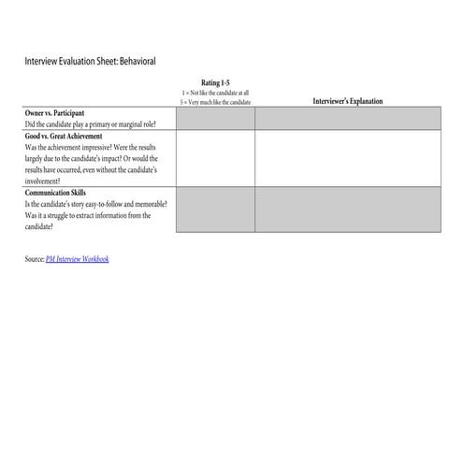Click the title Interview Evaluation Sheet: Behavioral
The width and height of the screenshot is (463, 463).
(x=90, y=61)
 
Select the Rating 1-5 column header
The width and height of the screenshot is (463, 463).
(x=215, y=83)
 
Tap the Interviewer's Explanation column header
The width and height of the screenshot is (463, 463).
(x=346, y=101)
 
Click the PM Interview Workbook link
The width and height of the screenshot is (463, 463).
(x=77, y=258)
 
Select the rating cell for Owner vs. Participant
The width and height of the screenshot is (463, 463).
(x=215, y=118)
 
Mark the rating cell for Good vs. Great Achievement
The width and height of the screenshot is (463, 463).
(x=215, y=158)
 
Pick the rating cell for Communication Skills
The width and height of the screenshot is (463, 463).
(x=215, y=210)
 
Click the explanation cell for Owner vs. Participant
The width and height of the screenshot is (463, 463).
(x=346, y=118)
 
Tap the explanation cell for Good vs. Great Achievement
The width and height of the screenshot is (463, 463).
(x=346, y=158)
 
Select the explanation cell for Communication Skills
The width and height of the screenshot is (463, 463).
(x=346, y=210)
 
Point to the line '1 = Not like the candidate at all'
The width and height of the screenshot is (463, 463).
(x=215, y=93)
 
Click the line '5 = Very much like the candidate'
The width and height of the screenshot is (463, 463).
(x=215, y=101)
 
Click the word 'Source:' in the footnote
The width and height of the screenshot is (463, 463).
(x=35, y=258)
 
